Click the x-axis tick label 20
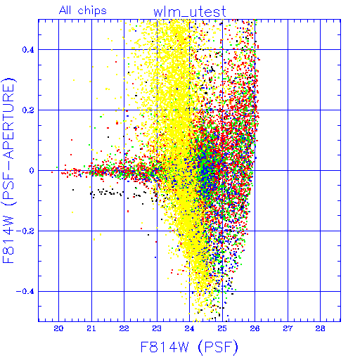pos(58,328)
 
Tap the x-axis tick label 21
pos(91,328)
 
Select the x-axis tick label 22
pos(124,328)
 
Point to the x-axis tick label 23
pos(157,328)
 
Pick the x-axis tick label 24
pos(189,328)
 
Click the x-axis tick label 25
pos(222,328)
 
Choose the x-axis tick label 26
pos(255,328)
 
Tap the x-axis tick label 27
pos(288,328)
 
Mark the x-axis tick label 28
pos(320,328)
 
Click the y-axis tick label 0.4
pos(28,50)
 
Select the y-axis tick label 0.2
pos(28,110)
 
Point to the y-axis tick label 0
pos(32,171)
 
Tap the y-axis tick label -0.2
pos(25,231)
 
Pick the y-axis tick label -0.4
pos(25,292)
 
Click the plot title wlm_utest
pos(190,12)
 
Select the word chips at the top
pos(92,11)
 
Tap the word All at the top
pos(65,10)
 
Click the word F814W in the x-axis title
pos(165,347)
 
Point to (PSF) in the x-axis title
pos(218,347)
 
